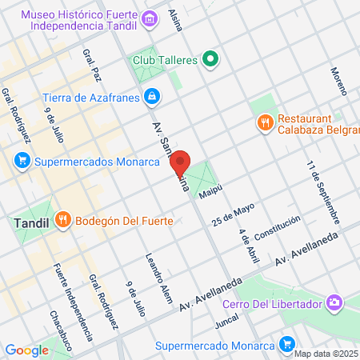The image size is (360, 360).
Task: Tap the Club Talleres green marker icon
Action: point(210,58)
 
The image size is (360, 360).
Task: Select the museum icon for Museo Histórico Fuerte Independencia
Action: point(148,18)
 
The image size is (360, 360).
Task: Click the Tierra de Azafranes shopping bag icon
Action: point(152,97)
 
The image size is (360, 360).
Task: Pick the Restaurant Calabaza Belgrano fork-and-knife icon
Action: point(263,122)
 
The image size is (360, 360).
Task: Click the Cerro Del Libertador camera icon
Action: point(333,303)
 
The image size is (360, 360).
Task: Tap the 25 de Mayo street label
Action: point(233,214)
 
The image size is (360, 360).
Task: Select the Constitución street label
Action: point(278,229)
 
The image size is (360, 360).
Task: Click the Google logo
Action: point(26,350)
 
